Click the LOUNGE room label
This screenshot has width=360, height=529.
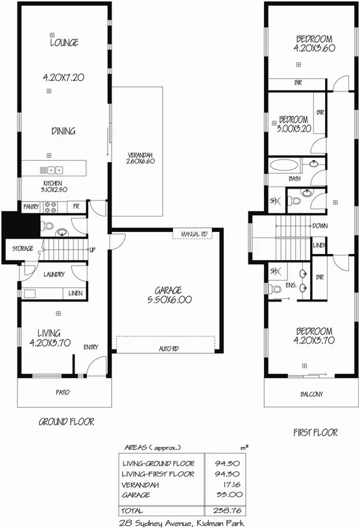click(x=64, y=43)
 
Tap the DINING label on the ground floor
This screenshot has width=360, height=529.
click(x=64, y=131)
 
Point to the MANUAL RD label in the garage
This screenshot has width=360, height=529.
click(x=194, y=233)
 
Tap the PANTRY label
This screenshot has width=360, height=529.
click(x=31, y=207)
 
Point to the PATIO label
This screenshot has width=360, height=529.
click(x=63, y=392)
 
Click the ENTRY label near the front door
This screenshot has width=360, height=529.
click(x=90, y=347)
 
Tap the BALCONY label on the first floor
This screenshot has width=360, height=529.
click(x=311, y=394)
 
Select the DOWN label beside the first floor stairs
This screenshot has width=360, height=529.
click(x=319, y=226)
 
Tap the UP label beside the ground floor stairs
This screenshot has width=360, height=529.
click(x=92, y=250)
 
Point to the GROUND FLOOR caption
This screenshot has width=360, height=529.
click(x=67, y=421)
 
